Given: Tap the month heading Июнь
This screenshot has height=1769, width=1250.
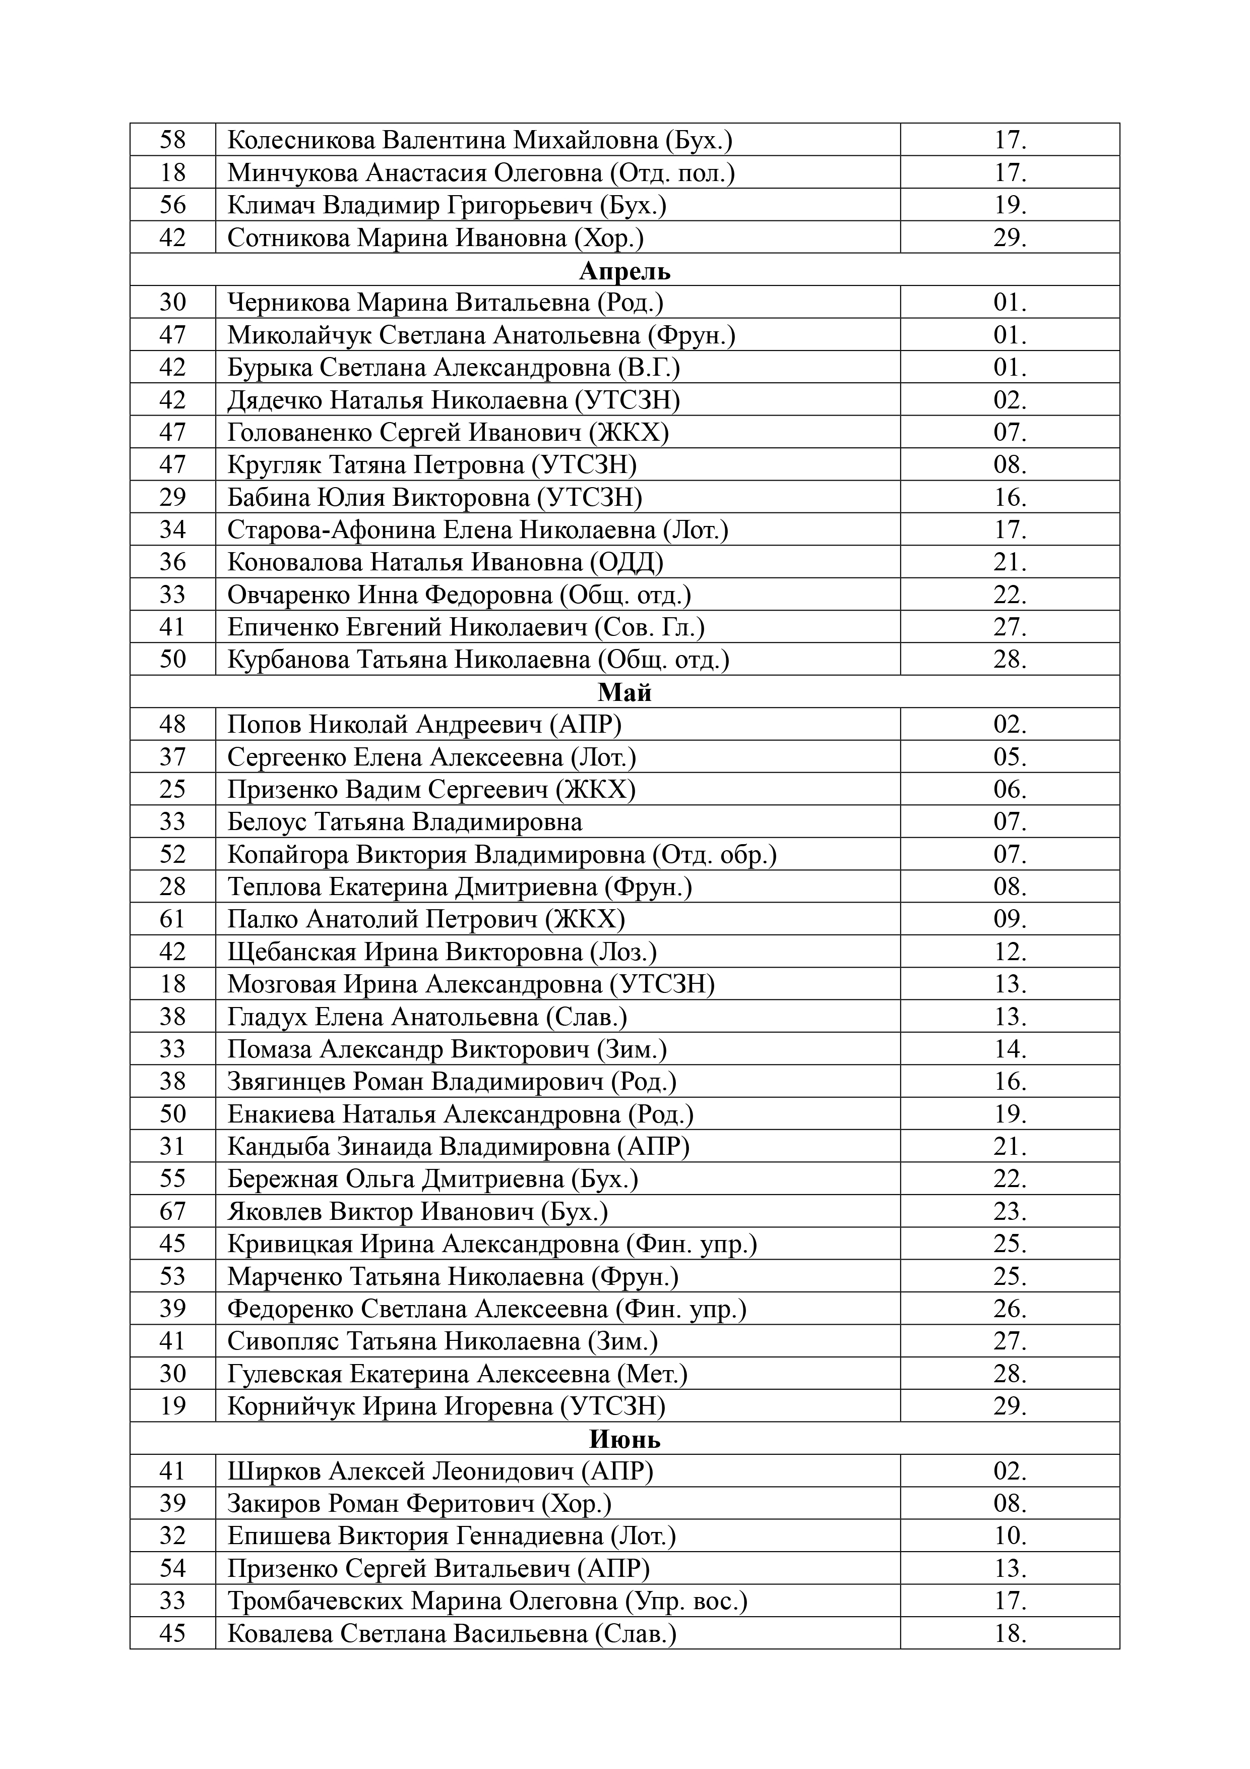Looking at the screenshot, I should pos(624,1439).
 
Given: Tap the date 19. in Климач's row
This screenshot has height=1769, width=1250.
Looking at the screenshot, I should pos(1010,205).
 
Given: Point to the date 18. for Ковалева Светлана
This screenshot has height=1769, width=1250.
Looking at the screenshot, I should pos(1010,1633).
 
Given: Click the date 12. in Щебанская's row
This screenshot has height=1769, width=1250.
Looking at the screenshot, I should pos(1010,952).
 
